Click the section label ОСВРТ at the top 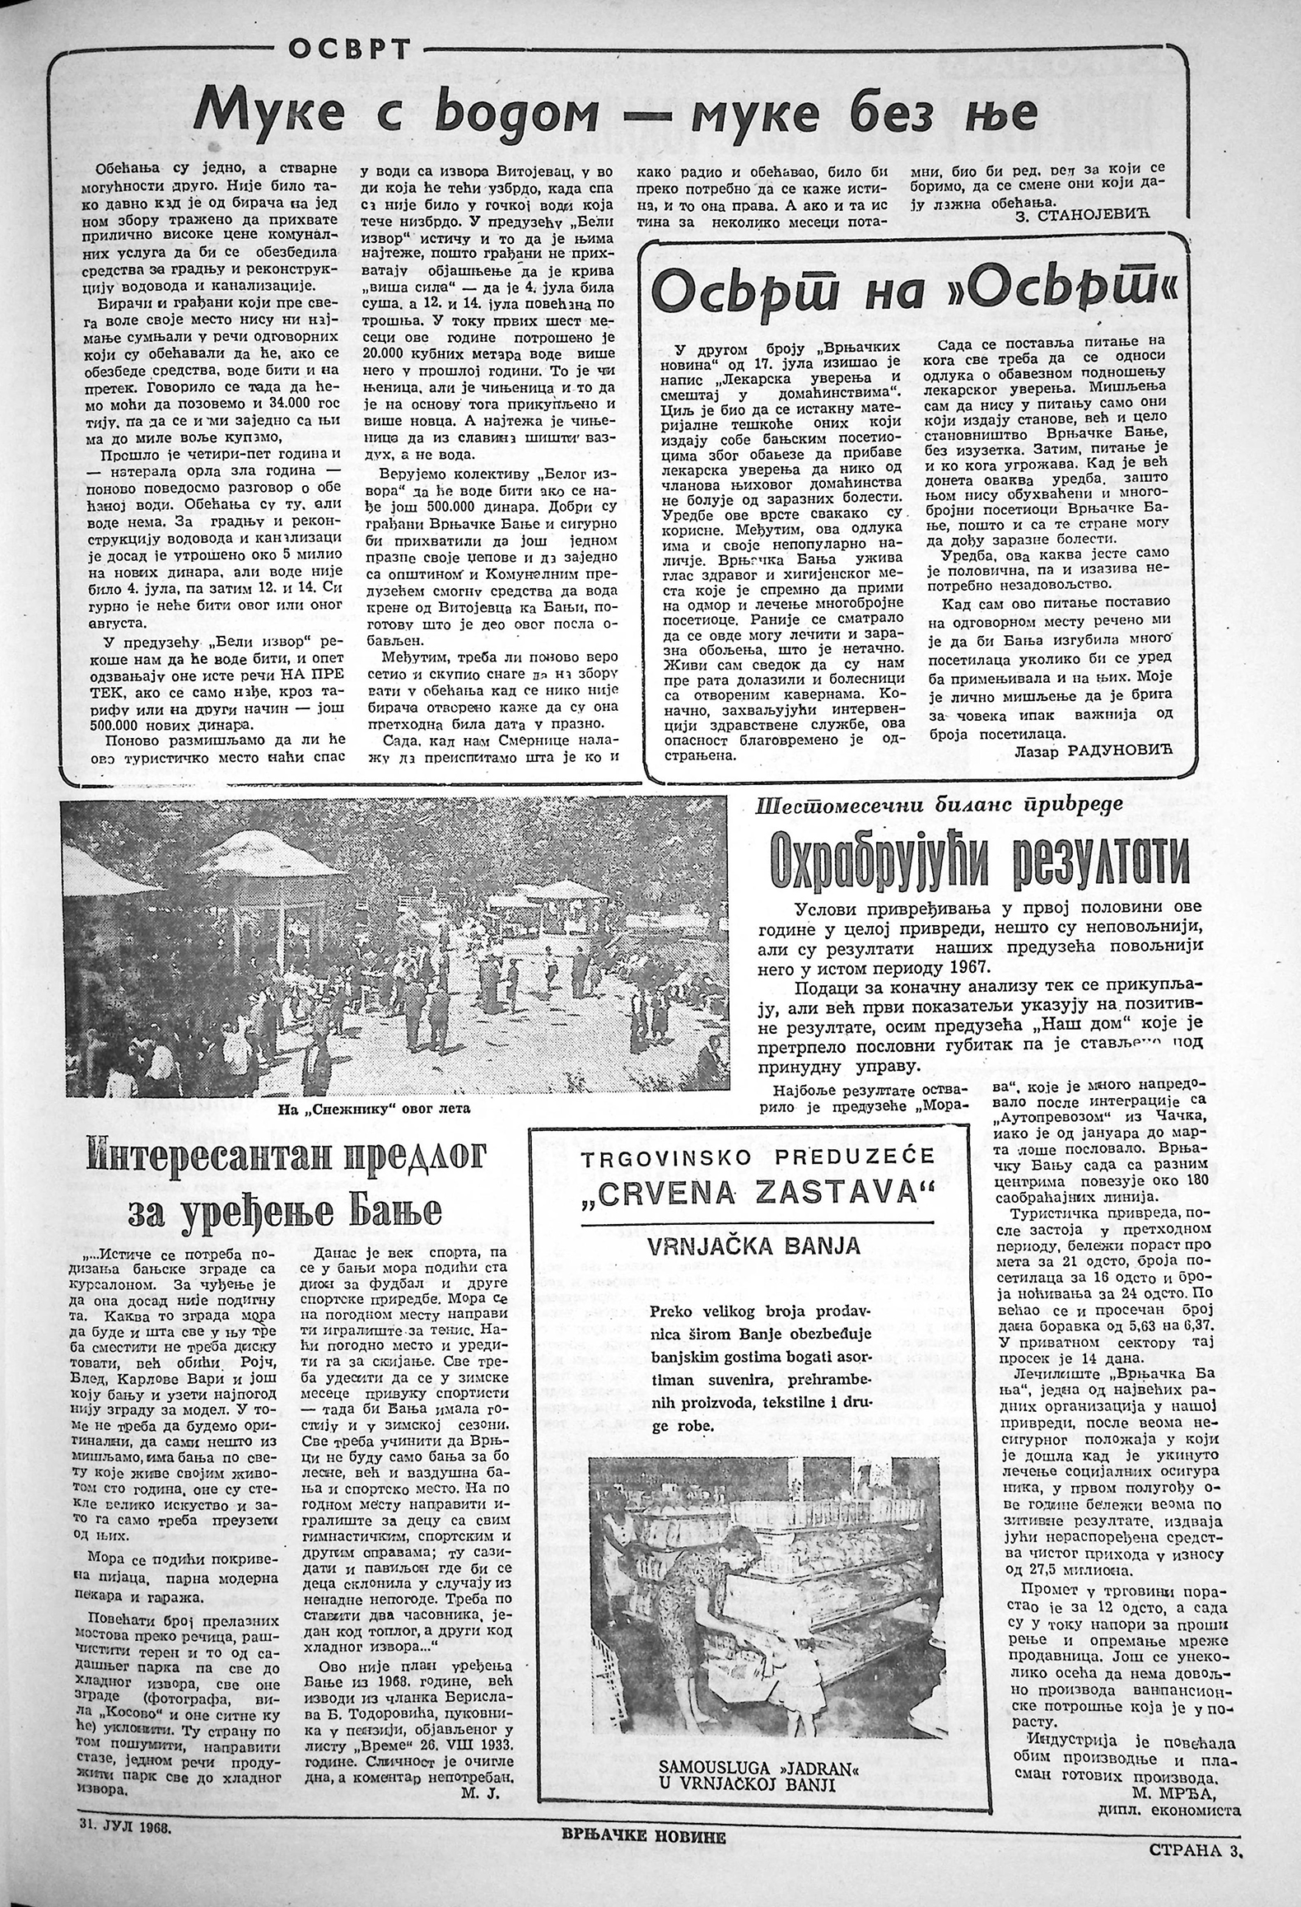click(x=349, y=51)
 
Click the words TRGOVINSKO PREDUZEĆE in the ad click(x=758, y=1157)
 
